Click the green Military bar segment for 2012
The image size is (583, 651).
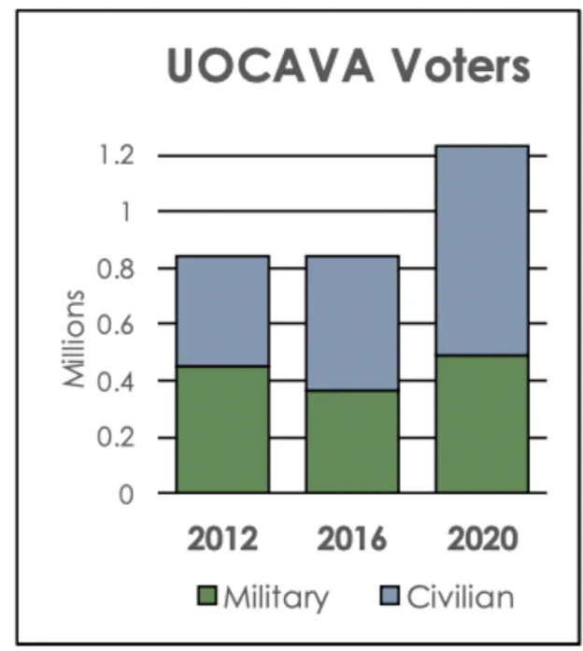(x=223, y=429)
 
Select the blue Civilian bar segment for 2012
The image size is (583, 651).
(x=223, y=311)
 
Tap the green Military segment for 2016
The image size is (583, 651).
(x=352, y=441)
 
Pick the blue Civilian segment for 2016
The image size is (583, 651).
(x=352, y=323)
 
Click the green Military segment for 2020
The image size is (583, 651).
(x=482, y=424)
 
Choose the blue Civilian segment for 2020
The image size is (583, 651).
(x=482, y=250)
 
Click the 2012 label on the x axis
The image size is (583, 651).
(x=222, y=540)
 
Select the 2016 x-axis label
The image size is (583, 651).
(x=352, y=540)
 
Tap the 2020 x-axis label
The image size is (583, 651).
(x=482, y=540)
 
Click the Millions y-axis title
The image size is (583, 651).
(x=75, y=339)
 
